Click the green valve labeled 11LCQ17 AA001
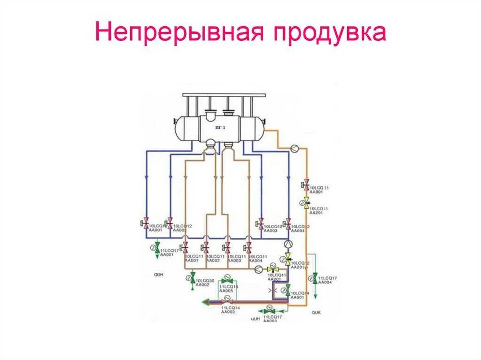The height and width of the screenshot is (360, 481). coord(157,247)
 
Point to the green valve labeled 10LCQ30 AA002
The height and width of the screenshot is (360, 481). coord(193,278)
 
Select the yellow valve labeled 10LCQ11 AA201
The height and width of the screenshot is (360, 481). coord(271,269)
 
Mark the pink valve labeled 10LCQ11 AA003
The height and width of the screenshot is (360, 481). coord(227,248)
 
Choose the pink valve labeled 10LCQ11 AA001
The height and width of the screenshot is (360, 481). coord(186,248)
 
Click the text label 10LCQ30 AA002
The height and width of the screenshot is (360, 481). coord(205,282)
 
